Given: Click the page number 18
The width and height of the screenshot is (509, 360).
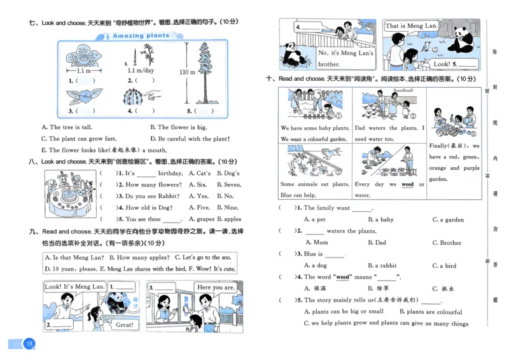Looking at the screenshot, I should [29, 344].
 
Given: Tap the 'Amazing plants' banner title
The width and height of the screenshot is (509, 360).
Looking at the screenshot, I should [141, 36].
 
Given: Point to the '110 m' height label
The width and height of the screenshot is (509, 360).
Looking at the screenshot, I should [187, 73].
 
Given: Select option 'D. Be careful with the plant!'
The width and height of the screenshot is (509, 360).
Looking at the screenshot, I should [190, 139].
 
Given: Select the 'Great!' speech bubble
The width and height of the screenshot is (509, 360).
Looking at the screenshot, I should [123, 325].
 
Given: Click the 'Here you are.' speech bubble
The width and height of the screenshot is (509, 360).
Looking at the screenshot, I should [215, 287].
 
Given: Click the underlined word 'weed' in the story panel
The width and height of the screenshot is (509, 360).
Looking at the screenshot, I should [407, 184].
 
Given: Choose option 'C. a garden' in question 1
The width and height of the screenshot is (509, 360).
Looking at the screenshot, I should [448, 219].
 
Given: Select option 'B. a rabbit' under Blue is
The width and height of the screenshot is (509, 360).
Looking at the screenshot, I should [382, 265].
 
